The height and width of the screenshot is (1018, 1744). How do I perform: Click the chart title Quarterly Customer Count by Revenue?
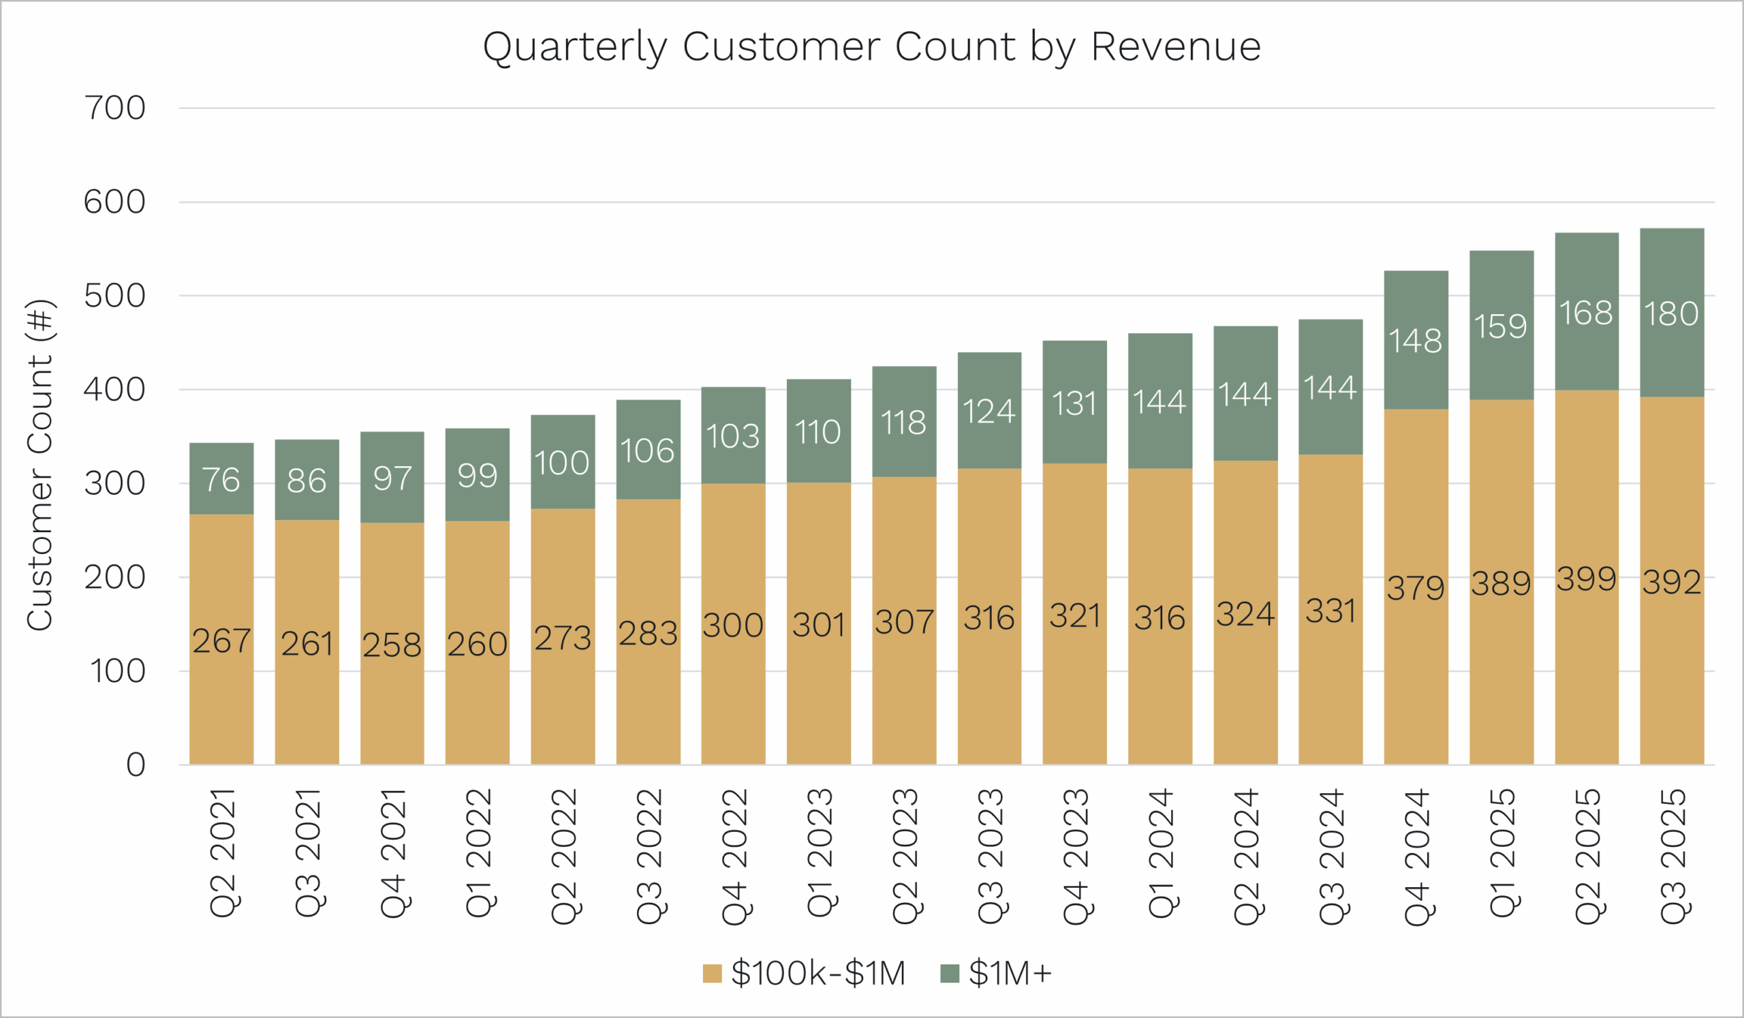coord(871,47)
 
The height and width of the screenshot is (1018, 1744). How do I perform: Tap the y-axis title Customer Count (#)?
coord(40,465)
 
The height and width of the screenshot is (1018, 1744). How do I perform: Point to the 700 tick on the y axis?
coord(115,108)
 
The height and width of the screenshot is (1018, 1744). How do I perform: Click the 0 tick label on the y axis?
coord(136,765)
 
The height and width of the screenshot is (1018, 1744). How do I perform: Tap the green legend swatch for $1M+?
coord(950,973)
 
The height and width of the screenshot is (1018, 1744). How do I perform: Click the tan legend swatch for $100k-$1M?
coord(712,973)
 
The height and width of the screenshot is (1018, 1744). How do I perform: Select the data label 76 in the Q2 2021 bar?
coord(221,480)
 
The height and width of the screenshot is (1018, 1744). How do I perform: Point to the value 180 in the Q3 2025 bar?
coord(1671,314)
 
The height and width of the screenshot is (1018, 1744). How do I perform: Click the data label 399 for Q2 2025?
coord(1586,579)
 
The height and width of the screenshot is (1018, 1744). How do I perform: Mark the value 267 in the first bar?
coord(221,641)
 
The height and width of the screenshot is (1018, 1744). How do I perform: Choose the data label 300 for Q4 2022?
coord(733,626)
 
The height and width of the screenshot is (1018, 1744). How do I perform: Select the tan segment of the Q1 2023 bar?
coord(819,692)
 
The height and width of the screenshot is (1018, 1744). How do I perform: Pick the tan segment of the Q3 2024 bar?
coord(1330,692)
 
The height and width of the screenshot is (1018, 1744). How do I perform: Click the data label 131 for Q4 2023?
coord(1074,404)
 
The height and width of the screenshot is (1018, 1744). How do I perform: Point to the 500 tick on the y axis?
coord(115,296)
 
